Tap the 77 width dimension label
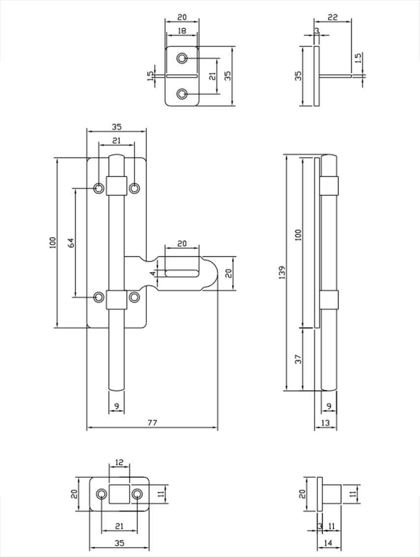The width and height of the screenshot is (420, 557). [152, 423]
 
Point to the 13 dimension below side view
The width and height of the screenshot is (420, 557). [326, 423]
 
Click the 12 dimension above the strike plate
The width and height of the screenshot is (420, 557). [119, 463]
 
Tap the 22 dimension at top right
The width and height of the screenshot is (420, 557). [333, 17]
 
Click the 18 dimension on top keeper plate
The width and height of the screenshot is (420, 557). [181, 31]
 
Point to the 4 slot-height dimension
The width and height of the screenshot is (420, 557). [153, 273]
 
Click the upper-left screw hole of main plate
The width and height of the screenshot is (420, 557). [99, 187]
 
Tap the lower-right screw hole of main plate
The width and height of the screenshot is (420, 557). [134, 297]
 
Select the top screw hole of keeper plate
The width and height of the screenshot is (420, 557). [182, 59]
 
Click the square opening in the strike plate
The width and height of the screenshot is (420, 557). [119, 494]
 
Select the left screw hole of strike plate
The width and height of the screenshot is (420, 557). [102, 494]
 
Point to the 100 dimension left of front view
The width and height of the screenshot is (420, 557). [53, 242]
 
